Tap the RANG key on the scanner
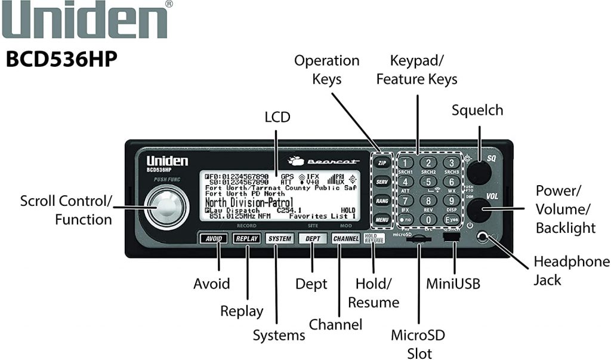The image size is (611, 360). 382,201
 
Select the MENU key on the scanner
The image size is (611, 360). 382,221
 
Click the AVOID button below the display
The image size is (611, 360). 214,239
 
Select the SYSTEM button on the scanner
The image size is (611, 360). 280,239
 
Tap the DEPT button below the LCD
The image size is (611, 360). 313,239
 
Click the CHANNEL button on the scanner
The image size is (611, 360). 345,239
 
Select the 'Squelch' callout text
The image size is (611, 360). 477,110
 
